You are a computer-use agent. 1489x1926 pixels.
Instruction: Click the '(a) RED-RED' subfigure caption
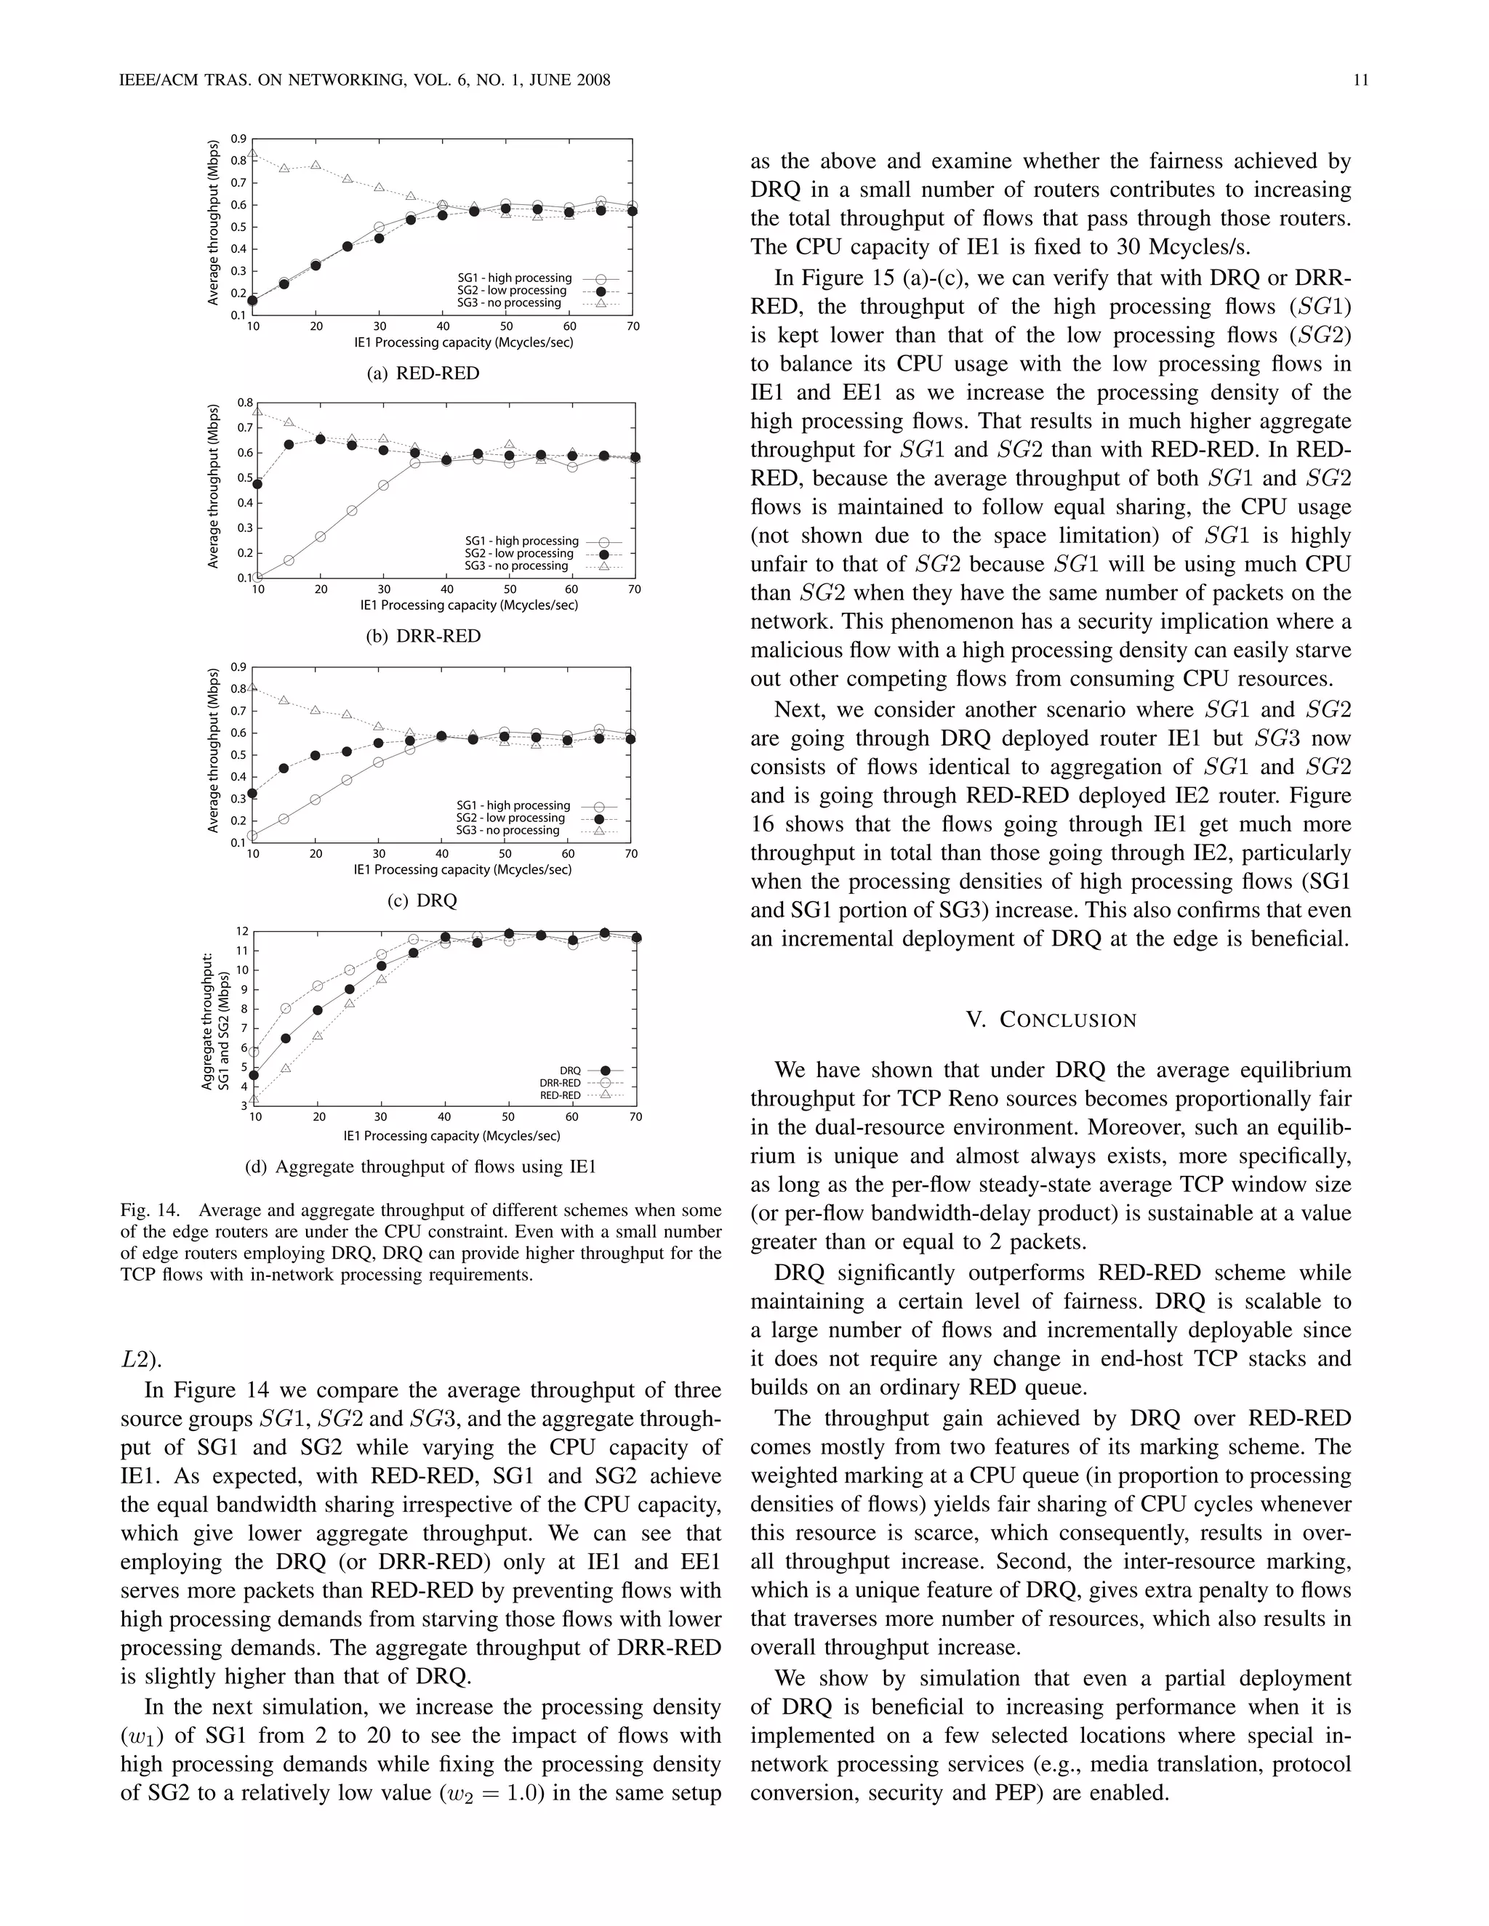(423, 373)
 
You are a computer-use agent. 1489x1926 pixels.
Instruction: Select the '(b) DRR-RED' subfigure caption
(423, 636)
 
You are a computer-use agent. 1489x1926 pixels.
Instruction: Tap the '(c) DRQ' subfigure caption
(422, 900)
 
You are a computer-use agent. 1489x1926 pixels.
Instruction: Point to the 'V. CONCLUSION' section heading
(1051, 1020)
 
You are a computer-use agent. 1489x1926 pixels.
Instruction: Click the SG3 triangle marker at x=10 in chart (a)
(252, 153)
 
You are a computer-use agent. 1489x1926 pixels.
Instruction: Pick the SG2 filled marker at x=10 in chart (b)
(257, 483)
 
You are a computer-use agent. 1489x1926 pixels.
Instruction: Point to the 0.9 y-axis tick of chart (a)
(238, 138)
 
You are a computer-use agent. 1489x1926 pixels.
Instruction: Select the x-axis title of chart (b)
(468, 605)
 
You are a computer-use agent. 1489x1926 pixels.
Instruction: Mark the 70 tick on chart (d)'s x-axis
(635, 1116)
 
